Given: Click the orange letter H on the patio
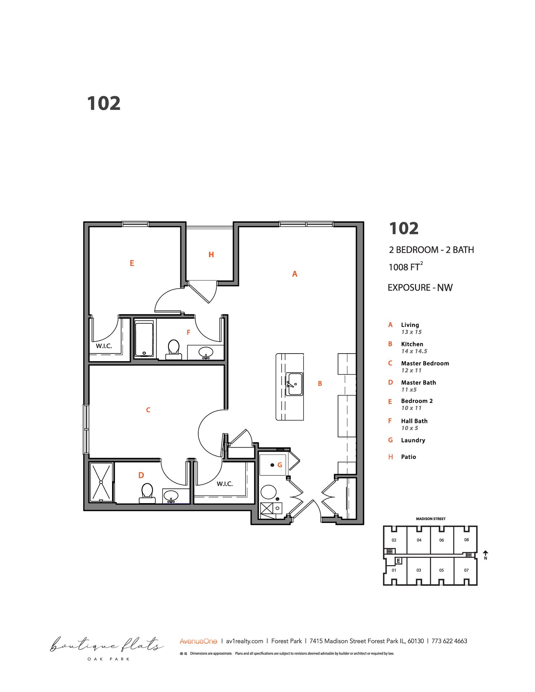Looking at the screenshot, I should click(211, 255).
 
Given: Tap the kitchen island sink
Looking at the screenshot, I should click(294, 384).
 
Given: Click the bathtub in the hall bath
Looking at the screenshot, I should click(144, 339).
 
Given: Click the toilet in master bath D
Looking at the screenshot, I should click(147, 493).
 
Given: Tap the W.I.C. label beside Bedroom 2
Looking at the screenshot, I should click(104, 346).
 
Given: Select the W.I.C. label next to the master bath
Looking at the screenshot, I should click(225, 484).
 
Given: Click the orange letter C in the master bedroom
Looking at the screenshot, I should click(148, 410).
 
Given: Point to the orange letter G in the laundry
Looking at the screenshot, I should click(280, 465).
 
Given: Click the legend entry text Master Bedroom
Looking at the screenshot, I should click(425, 363).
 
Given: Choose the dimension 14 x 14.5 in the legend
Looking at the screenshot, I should click(414, 351).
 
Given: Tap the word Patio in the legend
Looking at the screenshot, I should click(408, 457).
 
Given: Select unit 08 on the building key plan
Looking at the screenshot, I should click(467, 540).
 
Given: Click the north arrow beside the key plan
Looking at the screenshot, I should click(486, 554).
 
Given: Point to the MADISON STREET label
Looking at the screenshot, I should click(430, 519).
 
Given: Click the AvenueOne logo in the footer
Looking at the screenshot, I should click(198, 641).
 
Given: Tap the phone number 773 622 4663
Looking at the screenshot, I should click(449, 641).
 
